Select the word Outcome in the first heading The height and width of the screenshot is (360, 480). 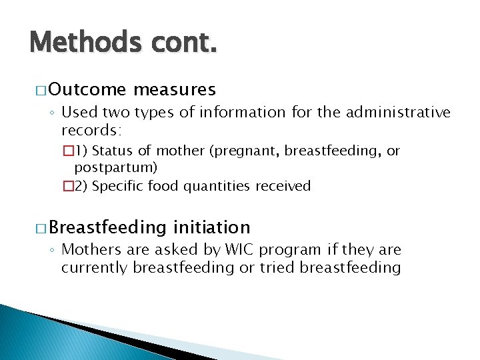pyautogui.click(x=87, y=89)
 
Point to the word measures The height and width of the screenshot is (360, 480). pyautogui.click(x=175, y=89)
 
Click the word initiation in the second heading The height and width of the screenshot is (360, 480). pyautogui.click(x=211, y=227)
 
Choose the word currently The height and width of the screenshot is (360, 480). pyautogui.click(x=95, y=267)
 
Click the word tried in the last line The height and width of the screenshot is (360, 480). pyautogui.click(x=280, y=267)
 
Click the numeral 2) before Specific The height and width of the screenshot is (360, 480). pyautogui.click(x=79, y=186)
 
